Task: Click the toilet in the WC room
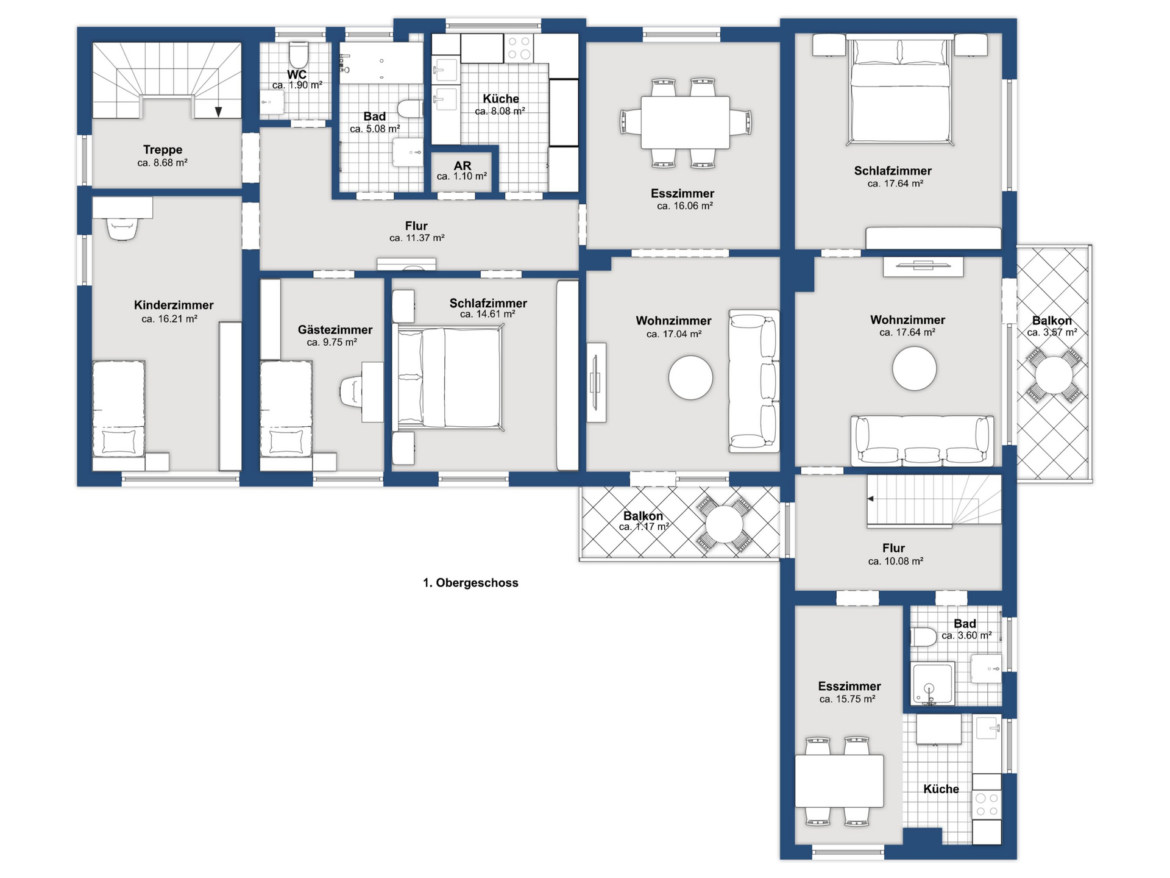(298, 55)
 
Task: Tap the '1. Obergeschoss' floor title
(470, 583)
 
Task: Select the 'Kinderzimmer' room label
(174, 305)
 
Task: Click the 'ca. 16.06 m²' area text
(685, 206)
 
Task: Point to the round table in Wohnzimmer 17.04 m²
(690, 377)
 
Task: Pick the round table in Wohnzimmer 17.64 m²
(914, 368)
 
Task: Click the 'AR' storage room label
(463, 166)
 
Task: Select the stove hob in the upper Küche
(519, 48)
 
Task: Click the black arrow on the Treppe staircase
(218, 112)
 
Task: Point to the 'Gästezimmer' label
(335, 330)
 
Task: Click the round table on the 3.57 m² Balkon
(1054, 375)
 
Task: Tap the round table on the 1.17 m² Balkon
(724, 524)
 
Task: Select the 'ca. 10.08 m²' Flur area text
(896, 561)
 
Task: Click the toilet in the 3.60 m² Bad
(924, 637)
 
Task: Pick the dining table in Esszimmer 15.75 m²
(839, 780)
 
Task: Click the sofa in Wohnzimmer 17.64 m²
(922, 441)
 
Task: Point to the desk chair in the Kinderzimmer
(122, 229)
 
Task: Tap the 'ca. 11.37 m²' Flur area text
(417, 238)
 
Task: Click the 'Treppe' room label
(163, 149)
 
